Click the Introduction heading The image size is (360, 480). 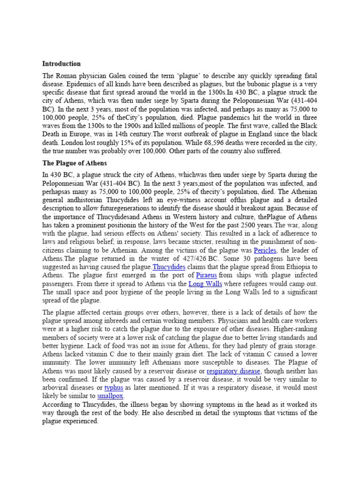click(61, 64)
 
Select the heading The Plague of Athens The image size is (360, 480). click(75, 163)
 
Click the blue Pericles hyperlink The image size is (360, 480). click(265, 250)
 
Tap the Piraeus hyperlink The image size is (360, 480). click(207, 276)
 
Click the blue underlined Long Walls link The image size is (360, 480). click(205, 284)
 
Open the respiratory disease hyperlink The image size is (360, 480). click(233, 371)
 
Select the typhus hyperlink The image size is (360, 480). click(113, 388)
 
